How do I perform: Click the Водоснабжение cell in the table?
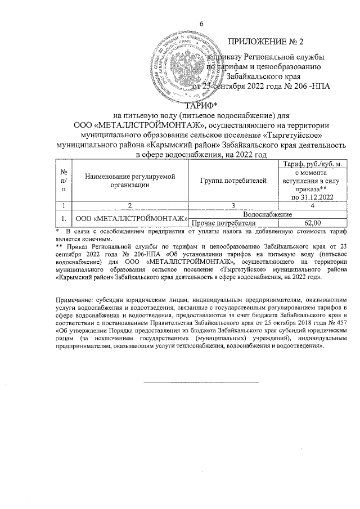point(267,215)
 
